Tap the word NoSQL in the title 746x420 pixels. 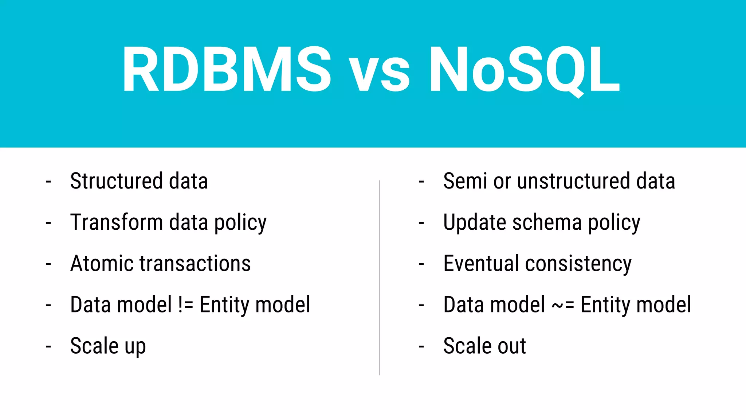pyautogui.click(x=524, y=69)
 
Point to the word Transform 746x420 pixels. pyautogui.click(x=116, y=222)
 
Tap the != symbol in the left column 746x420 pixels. pyautogui.click(x=186, y=305)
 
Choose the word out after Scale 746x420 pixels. pyautogui.click(x=512, y=346)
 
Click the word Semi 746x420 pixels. pyautogui.click(x=465, y=181)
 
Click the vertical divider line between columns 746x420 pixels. pyautogui.click(x=379, y=277)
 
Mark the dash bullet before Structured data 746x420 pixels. pyautogui.click(x=48, y=181)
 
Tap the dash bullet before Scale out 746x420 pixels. pyautogui.click(x=421, y=346)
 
